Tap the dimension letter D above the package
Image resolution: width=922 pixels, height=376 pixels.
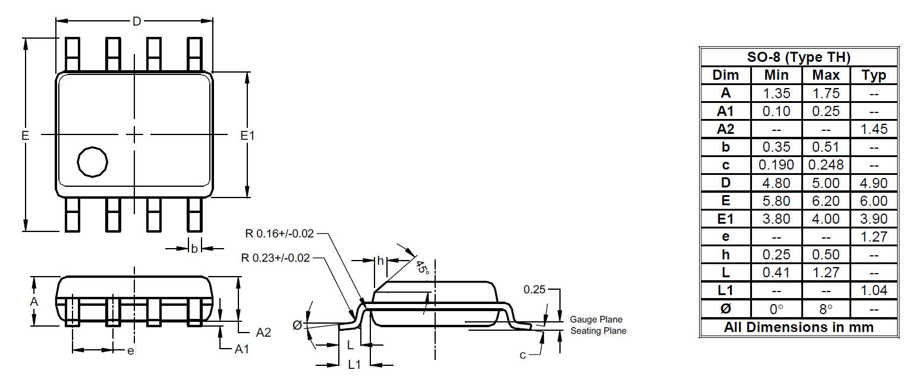point(137,21)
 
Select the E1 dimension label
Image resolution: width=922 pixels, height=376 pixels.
point(247,135)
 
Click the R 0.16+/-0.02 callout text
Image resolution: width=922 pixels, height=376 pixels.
point(279,233)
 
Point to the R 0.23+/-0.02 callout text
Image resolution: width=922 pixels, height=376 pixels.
point(275,258)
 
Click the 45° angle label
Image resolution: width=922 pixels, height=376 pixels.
point(423,268)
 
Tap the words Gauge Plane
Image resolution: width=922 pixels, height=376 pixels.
point(596,319)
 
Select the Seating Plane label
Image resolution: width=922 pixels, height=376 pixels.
point(598,331)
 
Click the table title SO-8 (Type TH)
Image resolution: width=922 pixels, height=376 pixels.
point(798,57)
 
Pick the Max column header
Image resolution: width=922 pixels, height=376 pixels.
point(826,75)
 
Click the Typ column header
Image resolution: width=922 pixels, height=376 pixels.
point(874,76)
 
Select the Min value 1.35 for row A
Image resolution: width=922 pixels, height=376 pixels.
point(776,93)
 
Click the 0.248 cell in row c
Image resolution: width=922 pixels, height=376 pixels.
point(826,165)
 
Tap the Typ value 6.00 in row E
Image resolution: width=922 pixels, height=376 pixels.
point(874,201)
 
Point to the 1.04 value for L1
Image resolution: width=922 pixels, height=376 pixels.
point(874,290)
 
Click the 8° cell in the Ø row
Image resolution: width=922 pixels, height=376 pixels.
point(826,309)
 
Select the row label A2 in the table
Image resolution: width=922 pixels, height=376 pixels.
point(725,129)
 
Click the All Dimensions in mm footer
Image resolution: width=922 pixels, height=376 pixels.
point(798,327)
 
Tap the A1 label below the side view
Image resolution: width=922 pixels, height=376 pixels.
point(241,349)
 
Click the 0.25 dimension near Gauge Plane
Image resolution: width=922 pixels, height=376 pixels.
point(534,290)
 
